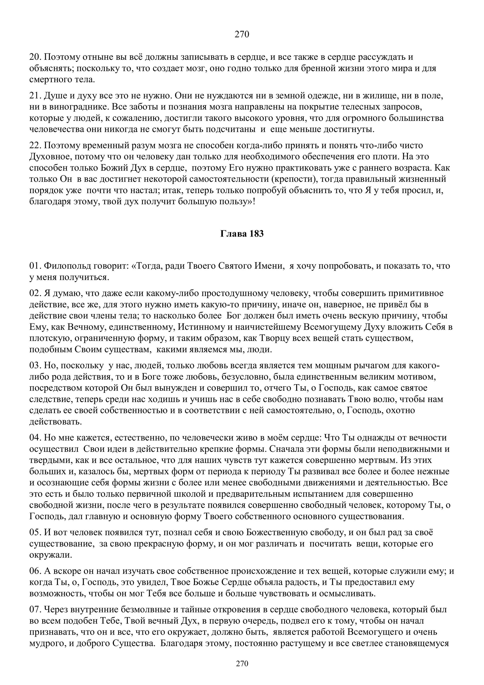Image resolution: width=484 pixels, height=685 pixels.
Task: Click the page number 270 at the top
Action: click(242, 35)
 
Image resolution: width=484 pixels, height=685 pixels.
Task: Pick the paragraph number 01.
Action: click(35, 266)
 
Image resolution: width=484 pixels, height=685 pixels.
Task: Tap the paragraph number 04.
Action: click(35, 438)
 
